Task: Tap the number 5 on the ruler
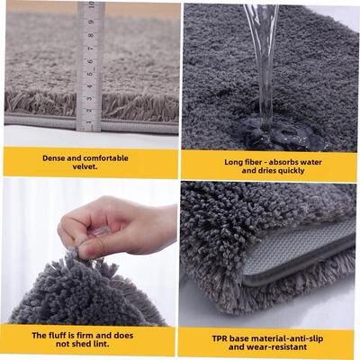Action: (x=90, y=75)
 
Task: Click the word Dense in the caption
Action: (x=58, y=157)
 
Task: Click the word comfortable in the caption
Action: (x=103, y=157)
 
